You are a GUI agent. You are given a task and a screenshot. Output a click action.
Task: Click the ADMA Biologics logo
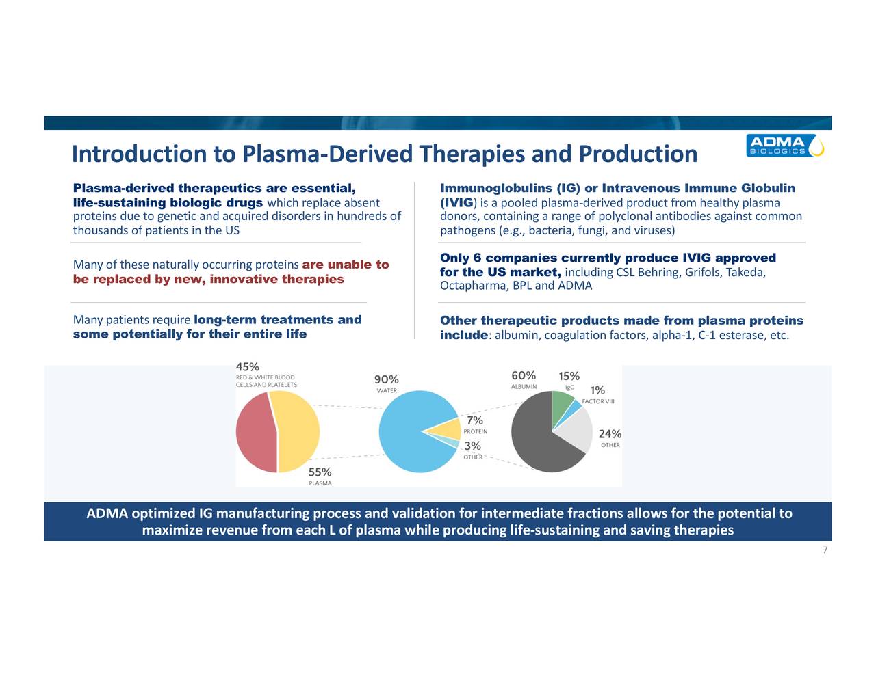tap(784, 146)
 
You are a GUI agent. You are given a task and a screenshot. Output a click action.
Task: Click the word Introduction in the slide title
tap(139, 154)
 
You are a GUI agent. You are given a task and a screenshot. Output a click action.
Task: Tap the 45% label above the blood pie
tap(247, 366)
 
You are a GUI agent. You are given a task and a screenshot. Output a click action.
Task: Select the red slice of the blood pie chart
tap(255, 432)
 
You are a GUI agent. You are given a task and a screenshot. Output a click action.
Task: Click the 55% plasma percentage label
tap(320, 472)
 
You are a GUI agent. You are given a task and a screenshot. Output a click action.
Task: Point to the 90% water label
tap(386, 379)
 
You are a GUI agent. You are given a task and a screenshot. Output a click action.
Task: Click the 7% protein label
tap(475, 420)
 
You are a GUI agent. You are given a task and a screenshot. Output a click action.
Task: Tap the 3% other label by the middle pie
tap(472, 446)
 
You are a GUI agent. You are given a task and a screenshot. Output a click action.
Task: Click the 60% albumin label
tap(524, 375)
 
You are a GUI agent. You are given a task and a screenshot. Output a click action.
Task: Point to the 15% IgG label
tap(569, 376)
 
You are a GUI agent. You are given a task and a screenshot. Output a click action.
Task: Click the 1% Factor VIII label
tap(597, 390)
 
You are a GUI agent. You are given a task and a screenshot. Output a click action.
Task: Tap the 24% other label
tap(610, 433)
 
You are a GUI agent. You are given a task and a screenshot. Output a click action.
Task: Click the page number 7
tap(825, 551)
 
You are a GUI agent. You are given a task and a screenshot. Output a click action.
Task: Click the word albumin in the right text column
tap(516, 335)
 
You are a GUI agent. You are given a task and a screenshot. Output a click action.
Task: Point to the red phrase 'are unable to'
tap(345, 265)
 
